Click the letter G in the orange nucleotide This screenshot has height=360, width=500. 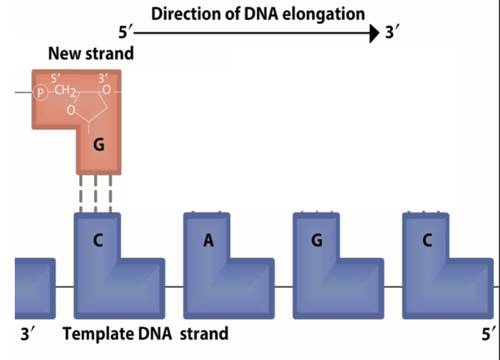[98, 146]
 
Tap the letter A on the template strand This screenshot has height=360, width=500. [208, 240]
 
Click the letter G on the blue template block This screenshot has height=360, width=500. [316, 240]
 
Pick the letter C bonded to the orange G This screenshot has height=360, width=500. [97, 240]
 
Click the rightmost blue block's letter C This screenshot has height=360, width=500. [427, 240]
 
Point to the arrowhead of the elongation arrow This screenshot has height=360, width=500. [375, 33]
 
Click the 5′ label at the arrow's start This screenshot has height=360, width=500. [126, 33]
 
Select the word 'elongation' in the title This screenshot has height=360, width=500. [323, 14]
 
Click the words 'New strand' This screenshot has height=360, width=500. [91, 54]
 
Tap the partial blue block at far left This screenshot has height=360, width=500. [35, 288]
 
